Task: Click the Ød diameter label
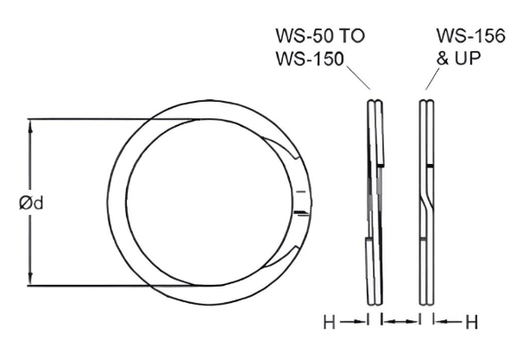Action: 32,204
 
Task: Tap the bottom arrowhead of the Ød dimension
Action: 32,281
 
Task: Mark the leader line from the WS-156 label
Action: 433,79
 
